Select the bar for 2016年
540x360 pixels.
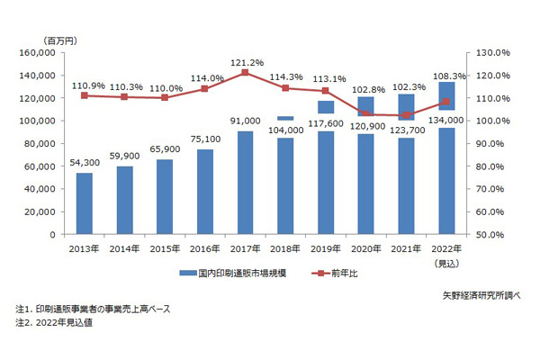tap(205, 192)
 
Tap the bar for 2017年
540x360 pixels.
tap(245, 183)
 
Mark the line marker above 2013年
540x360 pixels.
tap(84, 95)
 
